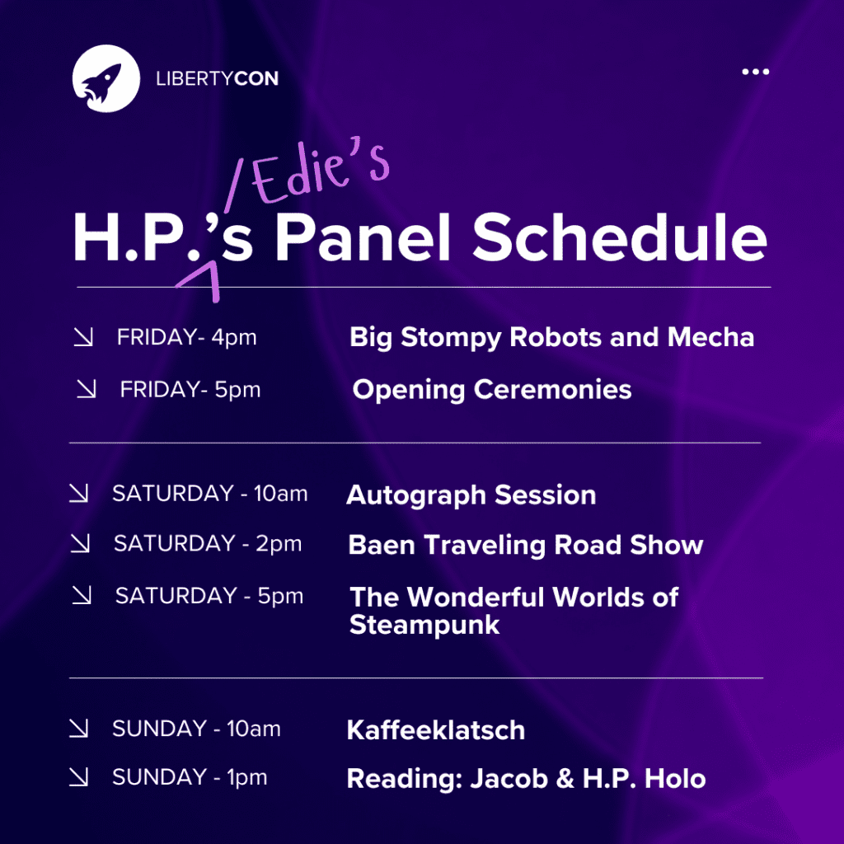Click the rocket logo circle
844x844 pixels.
tap(106, 78)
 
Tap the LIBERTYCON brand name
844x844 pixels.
tap(218, 78)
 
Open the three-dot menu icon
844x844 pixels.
tap(755, 72)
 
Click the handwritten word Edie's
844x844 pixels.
tap(321, 171)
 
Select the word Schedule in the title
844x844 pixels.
tap(620, 237)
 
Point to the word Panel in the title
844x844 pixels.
tap(363, 237)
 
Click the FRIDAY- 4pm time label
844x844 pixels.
tap(187, 337)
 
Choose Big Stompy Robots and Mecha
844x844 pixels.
tap(551, 338)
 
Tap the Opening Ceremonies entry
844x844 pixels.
tap(492, 390)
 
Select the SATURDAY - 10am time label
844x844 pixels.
tap(210, 494)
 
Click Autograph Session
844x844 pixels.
tap(471, 495)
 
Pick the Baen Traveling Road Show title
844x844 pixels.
tap(525, 545)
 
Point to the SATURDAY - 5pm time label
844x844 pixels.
tap(209, 596)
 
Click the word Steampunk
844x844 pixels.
tap(424, 626)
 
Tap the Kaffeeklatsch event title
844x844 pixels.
tap(436, 730)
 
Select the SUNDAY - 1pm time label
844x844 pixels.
tap(190, 777)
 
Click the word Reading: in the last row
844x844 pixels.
tap(405, 780)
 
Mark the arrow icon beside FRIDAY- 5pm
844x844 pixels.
tap(87, 389)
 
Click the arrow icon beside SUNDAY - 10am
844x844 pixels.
tap(79, 729)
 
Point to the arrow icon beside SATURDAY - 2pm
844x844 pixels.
tap(80, 544)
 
